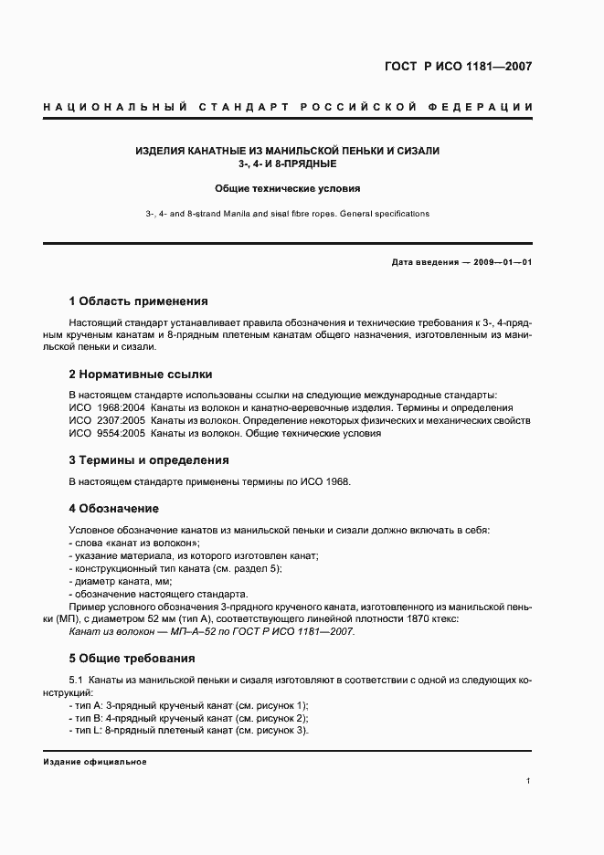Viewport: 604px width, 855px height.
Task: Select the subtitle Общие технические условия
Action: coord(287,189)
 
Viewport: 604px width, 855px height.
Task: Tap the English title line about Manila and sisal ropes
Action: coord(287,214)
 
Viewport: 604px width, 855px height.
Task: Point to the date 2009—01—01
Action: coord(498,262)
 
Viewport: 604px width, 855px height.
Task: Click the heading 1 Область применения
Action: coord(139,301)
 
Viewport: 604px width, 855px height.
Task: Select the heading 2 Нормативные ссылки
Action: coord(141,375)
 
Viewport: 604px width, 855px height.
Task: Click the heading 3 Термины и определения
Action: coord(149,460)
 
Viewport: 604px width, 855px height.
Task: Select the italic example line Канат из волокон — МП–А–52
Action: coord(211,632)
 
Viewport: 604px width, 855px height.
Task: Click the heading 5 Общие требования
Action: coord(132,659)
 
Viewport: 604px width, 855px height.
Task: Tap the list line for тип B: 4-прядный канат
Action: coord(188,718)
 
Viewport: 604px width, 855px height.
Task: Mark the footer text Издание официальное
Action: coord(94,762)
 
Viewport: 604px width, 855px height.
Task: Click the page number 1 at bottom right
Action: coord(529,781)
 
